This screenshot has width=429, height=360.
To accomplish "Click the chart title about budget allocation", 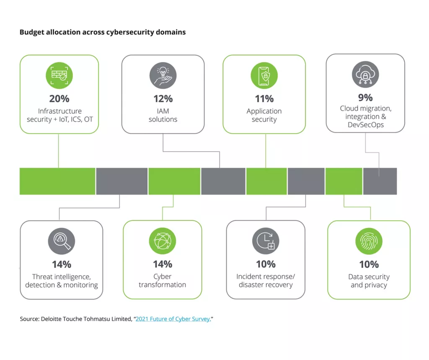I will tap(103, 32).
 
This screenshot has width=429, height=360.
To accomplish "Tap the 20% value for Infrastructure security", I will tap(59, 99).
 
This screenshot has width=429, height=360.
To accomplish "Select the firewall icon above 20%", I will tap(59, 76).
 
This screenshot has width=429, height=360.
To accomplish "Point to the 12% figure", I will tap(163, 99).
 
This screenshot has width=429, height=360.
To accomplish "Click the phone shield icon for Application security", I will tap(264, 76).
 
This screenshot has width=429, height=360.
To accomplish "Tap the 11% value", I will tap(264, 99).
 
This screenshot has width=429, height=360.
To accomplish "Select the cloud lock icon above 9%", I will tap(365, 74).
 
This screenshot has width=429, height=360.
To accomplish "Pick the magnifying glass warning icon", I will tap(61, 241).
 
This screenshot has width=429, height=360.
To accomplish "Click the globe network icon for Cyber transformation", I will tap(163, 241).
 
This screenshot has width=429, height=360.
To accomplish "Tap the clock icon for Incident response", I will tap(266, 241).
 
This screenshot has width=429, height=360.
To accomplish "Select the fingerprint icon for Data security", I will tap(369, 241).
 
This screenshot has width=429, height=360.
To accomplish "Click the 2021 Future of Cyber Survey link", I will tap(173, 319).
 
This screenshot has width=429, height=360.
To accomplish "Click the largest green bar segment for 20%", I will tap(57, 181).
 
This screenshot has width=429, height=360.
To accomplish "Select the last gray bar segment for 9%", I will tap(380, 181).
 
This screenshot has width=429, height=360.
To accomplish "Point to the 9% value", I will tap(365, 98).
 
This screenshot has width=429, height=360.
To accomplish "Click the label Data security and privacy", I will tap(369, 281).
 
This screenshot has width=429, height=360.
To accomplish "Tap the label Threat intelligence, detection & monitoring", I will tap(61, 281).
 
